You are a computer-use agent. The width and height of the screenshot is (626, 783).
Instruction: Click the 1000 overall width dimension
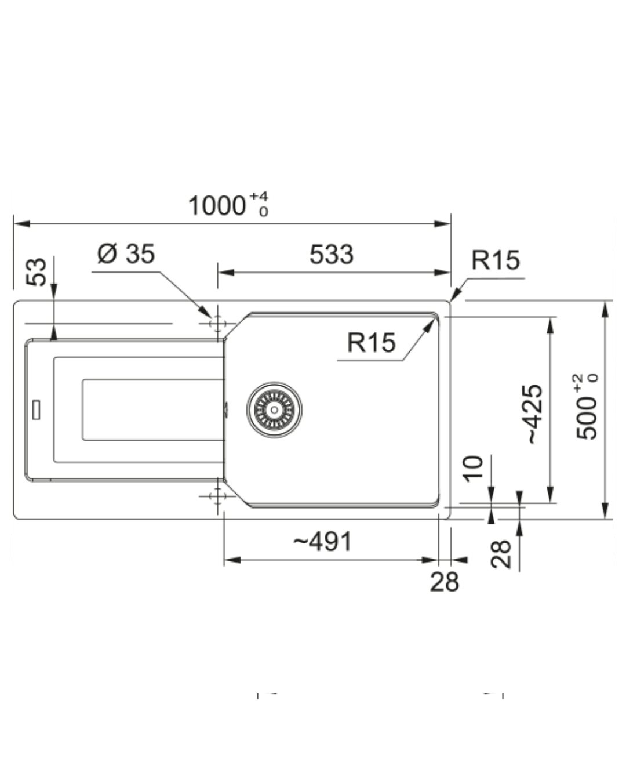pos(217,205)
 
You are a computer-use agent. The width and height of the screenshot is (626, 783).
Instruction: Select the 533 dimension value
pos(332,254)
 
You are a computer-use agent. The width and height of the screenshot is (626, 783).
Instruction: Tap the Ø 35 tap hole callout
pos(126,253)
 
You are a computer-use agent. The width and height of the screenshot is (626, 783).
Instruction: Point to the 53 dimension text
pos(36,272)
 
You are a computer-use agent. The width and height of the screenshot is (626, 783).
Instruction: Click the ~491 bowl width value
pos(323,542)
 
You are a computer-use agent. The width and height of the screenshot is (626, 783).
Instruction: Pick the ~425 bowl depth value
pos(535,414)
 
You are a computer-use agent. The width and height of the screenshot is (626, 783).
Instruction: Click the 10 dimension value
pos(473,469)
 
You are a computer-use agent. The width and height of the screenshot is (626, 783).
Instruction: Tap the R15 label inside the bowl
pos(372,342)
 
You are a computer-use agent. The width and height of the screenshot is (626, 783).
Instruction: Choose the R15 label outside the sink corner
pos(496,260)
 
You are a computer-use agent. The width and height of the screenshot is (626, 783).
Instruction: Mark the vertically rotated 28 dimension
pos(501,554)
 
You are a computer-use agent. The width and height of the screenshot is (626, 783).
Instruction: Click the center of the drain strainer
pos(274,409)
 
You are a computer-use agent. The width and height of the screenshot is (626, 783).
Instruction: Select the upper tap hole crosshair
pos(217,323)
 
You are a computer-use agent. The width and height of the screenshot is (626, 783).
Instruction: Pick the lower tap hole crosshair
pos(217,496)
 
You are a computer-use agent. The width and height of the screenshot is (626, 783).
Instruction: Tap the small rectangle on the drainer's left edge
pos(36,409)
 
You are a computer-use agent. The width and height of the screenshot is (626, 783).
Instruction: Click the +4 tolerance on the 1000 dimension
pos(259,197)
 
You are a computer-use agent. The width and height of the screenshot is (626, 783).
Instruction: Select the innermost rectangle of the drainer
pos(153,410)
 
